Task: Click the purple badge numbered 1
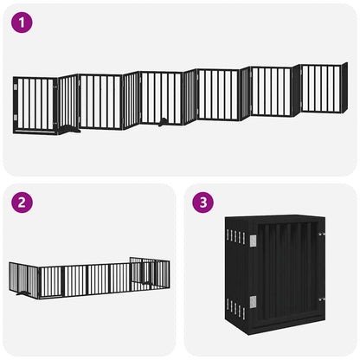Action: (x=23, y=23)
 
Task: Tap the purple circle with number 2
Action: (x=23, y=203)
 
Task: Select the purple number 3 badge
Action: (x=204, y=203)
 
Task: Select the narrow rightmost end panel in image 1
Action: (x=344, y=87)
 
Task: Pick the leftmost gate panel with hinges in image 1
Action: (x=35, y=106)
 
